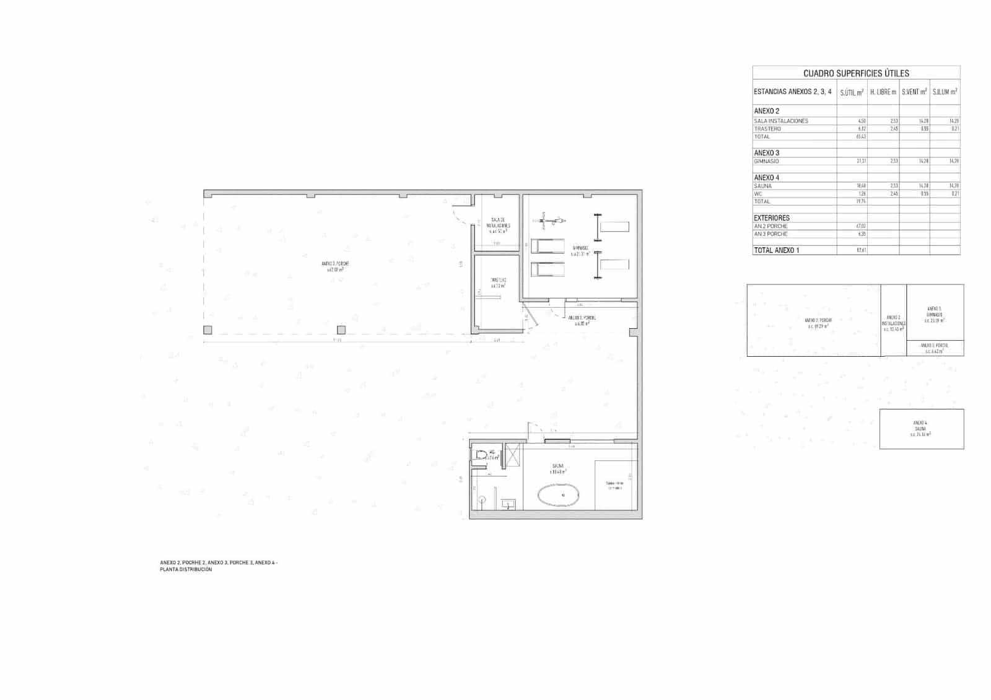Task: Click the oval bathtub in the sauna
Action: tap(563, 496)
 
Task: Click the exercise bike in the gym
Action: tap(552, 219)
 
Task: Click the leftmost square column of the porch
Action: tap(208, 330)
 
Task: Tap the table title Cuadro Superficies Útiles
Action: tap(856, 73)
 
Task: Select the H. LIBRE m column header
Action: tap(883, 92)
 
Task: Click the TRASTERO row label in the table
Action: tap(767, 129)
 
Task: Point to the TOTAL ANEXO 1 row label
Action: tap(777, 250)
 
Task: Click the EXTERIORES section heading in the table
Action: tap(772, 218)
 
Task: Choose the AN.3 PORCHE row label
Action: tap(771, 234)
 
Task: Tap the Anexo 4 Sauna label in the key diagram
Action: tap(920, 429)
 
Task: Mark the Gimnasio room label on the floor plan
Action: tap(580, 251)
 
